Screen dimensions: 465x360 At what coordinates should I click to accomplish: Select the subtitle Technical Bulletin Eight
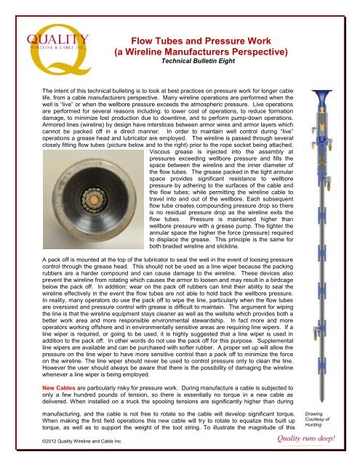191,63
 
